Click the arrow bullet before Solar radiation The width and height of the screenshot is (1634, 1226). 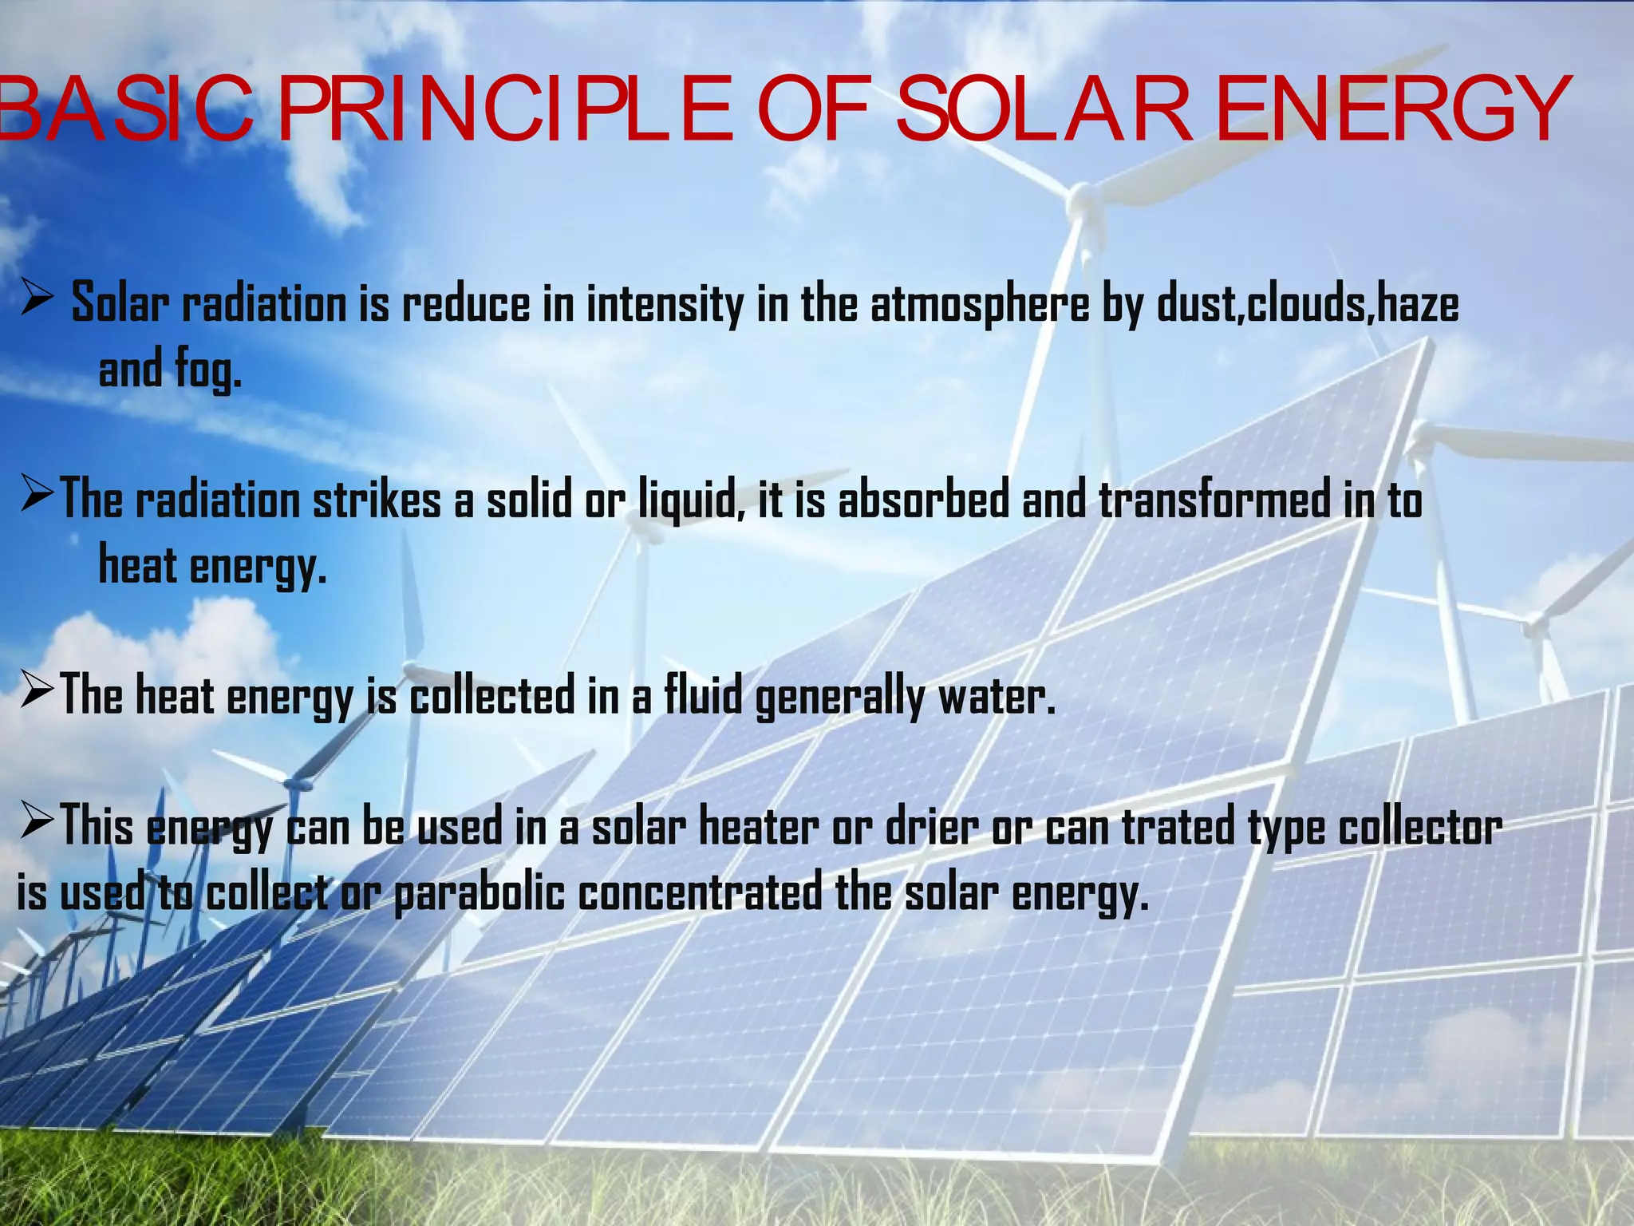click(37, 301)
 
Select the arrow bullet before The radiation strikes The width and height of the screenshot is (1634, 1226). click(37, 495)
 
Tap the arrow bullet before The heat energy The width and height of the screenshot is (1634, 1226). click(37, 690)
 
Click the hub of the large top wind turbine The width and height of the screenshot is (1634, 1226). click(1079, 195)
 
